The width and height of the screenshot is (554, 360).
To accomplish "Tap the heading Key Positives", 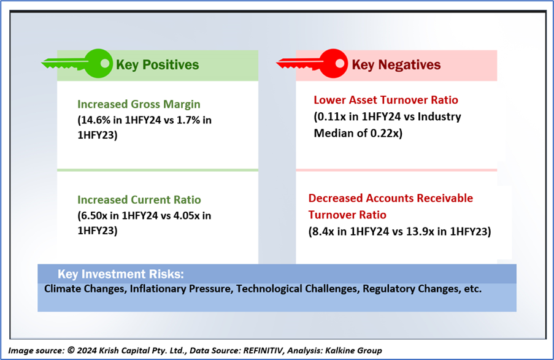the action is [158, 65].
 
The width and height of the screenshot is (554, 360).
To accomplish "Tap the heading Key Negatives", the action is [396, 65].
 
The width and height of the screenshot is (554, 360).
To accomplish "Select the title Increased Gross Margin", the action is [139, 104].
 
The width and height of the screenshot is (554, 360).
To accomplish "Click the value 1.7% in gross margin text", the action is [188, 120].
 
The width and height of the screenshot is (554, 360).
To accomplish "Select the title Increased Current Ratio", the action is [139, 199].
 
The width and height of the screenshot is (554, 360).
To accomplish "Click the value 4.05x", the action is [186, 215].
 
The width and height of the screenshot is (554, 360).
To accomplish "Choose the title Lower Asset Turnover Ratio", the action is [386, 100].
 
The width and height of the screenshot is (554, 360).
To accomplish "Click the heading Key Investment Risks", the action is [121, 274].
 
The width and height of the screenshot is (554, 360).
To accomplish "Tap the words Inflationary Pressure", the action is [181, 289].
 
